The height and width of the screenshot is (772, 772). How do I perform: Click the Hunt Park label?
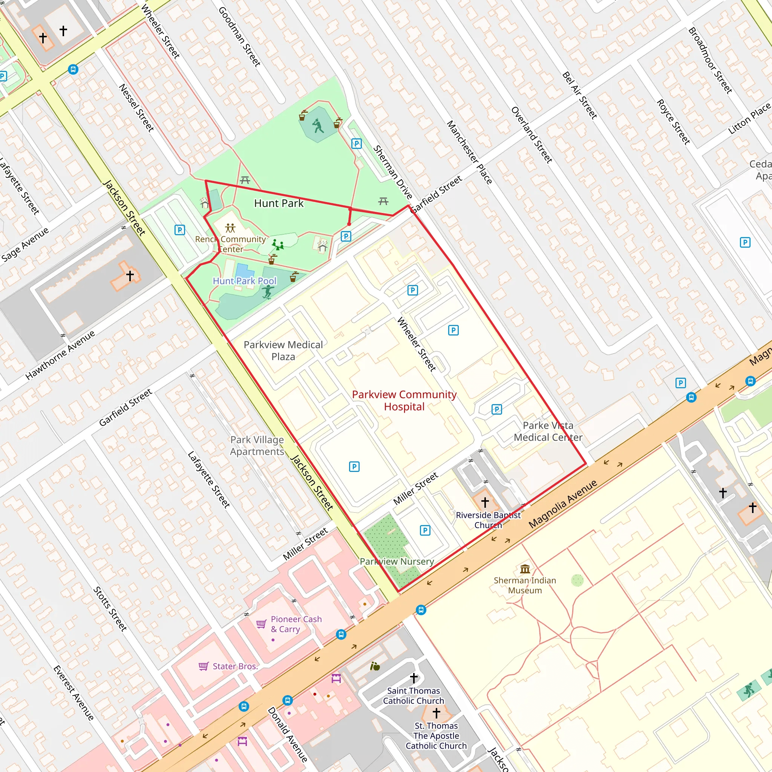[x=279, y=204]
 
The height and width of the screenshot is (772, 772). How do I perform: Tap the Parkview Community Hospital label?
[x=404, y=400]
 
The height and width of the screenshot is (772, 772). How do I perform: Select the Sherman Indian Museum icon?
[x=525, y=568]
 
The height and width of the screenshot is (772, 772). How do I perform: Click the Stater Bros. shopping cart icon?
[x=204, y=666]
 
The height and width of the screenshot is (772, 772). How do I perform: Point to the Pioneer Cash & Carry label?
[x=296, y=624]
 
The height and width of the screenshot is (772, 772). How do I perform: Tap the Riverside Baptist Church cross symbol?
[x=485, y=502]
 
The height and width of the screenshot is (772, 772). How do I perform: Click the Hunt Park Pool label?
[x=244, y=281]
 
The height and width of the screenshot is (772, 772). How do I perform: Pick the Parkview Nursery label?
[x=397, y=561]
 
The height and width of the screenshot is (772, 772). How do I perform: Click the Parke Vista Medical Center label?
[x=548, y=431]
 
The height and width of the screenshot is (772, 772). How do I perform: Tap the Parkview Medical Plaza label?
[x=283, y=351]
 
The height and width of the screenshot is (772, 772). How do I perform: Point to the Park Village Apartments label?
[x=257, y=446]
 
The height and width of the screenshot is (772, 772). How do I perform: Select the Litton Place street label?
[x=749, y=119]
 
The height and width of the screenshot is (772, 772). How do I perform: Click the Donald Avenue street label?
[x=287, y=734]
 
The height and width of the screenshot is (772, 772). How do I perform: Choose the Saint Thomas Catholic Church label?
[x=413, y=696]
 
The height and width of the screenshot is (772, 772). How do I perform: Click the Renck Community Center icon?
[x=230, y=228]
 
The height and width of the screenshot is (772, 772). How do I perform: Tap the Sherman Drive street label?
[x=392, y=172]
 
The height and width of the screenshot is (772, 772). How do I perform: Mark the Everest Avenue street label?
[x=74, y=693]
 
